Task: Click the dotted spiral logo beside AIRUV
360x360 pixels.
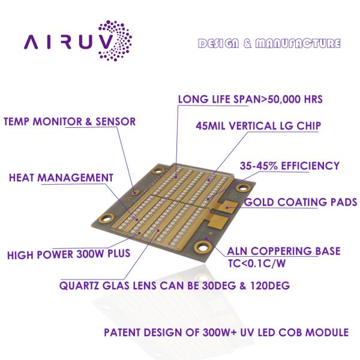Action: click(x=113, y=41)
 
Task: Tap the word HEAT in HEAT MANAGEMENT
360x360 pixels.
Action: click(x=23, y=178)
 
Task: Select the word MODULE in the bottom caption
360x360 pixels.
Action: click(x=326, y=332)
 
